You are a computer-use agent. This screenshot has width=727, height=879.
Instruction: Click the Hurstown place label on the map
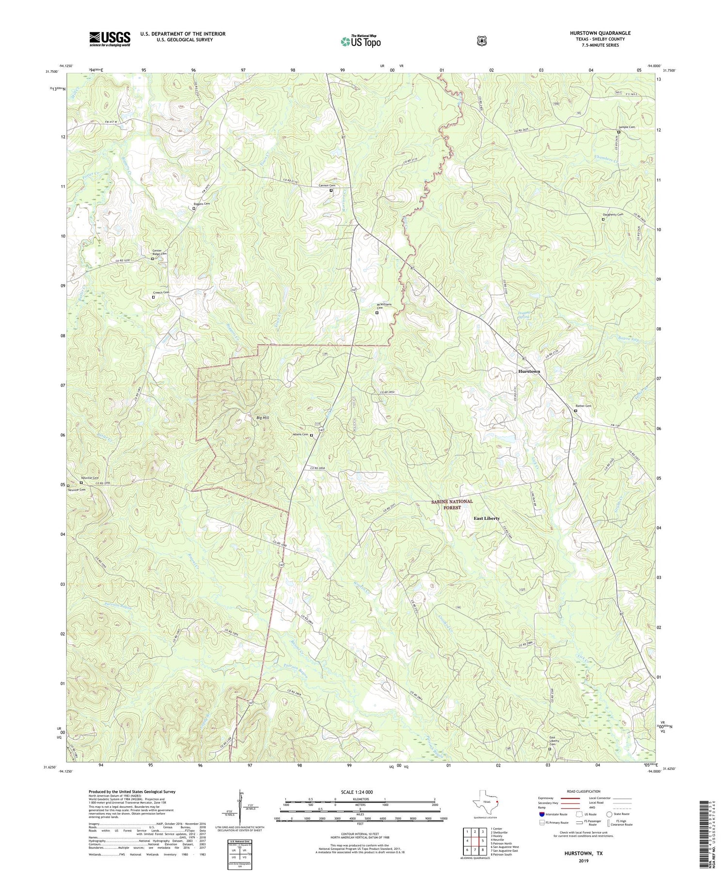(529, 371)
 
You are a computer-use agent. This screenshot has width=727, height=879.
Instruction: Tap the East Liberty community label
(486, 518)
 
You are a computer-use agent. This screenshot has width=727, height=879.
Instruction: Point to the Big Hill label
(263, 417)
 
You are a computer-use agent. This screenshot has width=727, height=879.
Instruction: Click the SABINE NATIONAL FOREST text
(452, 505)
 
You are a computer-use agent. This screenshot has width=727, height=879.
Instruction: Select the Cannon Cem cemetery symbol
(331, 191)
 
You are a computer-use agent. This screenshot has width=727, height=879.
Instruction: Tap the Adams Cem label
(301, 434)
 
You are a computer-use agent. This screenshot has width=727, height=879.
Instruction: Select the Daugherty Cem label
(613, 214)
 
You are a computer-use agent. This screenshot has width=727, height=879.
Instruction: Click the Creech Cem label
(161, 292)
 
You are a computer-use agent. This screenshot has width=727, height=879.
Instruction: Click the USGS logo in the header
(110, 39)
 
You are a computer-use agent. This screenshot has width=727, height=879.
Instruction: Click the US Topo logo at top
(361, 41)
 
